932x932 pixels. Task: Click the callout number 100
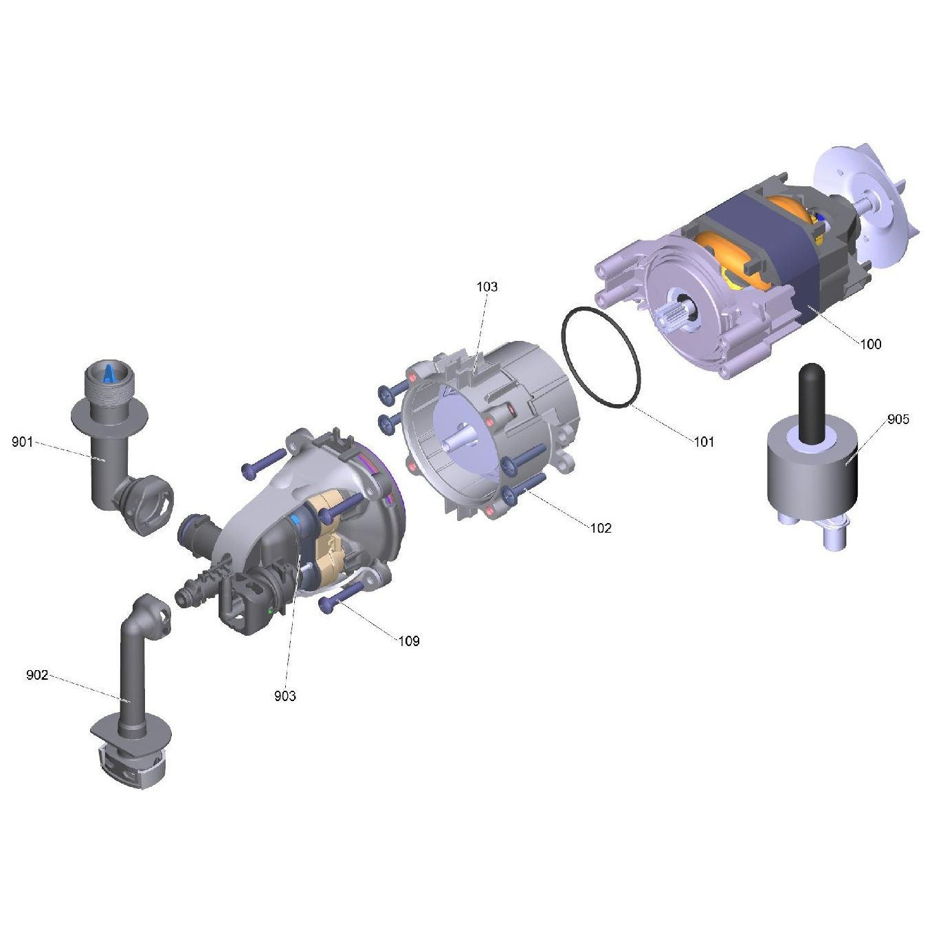click(x=870, y=344)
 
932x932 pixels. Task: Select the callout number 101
click(x=704, y=441)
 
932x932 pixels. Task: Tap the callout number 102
click(x=601, y=528)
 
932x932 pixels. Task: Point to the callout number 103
click(x=487, y=287)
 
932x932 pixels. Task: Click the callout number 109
click(x=409, y=641)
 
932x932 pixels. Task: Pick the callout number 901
click(x=23, y=442)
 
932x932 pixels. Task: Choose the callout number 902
click(x=37, y=675)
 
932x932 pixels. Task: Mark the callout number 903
click(x=285, y=696)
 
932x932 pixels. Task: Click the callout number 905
click(x=898, y=419)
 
